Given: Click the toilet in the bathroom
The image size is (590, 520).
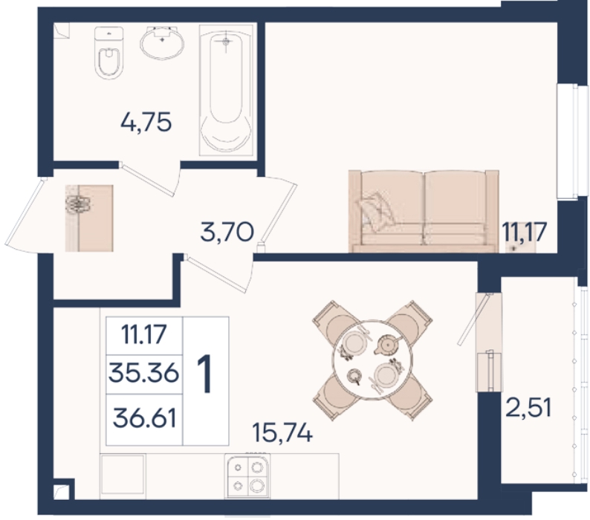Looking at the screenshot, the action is [x=108, y=53].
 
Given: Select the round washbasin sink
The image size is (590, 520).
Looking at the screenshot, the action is [x=162, y=42].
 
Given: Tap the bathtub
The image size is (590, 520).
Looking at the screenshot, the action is [x=226, y=90].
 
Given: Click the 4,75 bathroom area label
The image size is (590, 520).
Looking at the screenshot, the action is [x=146, y=122].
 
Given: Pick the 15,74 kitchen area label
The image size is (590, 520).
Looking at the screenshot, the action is [x=282, y=432].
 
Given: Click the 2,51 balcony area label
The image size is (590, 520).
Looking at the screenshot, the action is [x=528, y=407].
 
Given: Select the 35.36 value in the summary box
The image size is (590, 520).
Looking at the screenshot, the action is [x=143, y=374].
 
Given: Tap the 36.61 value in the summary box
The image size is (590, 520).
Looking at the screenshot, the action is [x=145, y=418].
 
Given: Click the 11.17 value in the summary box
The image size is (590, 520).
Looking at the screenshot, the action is [x=143, y=334].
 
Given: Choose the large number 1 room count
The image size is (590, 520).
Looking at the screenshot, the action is [x=205, y=374].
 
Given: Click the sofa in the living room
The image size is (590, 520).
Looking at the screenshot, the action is [x=424, y=211].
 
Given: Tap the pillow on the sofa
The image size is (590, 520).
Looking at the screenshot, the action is [x=377, y=212].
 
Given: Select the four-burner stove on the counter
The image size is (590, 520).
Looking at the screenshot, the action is [x=247, y=476].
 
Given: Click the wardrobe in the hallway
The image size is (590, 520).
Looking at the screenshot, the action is [x=89, y=218].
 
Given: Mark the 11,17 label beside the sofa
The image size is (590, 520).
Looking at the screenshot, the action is [x=524, y=232].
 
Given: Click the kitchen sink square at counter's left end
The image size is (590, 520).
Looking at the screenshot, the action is [x=123, y=476].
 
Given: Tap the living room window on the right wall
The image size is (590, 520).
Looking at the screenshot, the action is [x=572, y=140].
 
